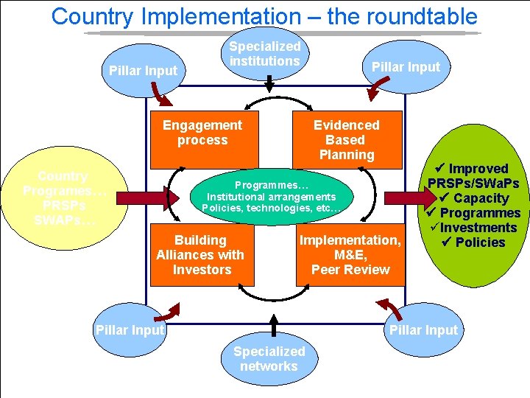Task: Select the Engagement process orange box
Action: (x=204, y=139)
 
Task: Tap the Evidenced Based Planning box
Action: (x=347, y=139)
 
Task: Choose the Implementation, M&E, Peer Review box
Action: (x=350, y=254)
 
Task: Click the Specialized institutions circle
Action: (x=265, y=54)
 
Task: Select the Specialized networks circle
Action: (x=269, y=359)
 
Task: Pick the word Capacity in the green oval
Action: (x=481, y=198)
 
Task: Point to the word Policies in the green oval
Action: (x=480, y=242)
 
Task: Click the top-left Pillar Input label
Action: (x=144, y=71)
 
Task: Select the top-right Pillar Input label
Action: (x=406, y=67)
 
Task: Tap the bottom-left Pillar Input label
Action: (x=130, y=330)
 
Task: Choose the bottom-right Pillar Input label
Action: (x=423, y=330)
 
